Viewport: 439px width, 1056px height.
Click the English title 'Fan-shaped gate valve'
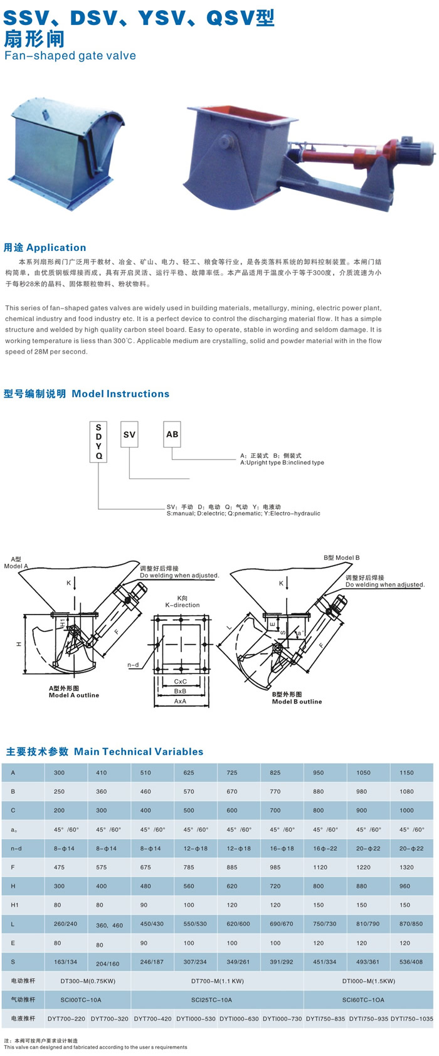[x=70, y=56]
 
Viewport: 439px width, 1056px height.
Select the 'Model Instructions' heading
[x=120, y=394]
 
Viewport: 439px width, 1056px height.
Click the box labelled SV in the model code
[x=129, y=435]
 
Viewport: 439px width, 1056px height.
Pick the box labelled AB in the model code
[x=172, y=434]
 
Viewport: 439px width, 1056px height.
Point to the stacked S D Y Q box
[x=99, y=441]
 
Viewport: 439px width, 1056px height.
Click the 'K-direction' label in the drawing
[x=182, y=605]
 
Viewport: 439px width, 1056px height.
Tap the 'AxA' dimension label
[x=181, y=701]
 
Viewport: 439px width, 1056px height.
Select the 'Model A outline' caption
[x=74, y=695]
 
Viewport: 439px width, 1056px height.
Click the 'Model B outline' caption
[x=297, y=701]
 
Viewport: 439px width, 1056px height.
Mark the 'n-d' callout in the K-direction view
[x=133, y=665]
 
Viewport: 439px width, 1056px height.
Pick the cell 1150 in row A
[x=406, y=773]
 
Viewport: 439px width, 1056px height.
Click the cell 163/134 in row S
[x=66, y=962]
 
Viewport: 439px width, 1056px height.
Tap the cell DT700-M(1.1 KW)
[x=217, y=981]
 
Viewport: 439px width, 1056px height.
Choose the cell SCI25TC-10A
[x=217, y=1000]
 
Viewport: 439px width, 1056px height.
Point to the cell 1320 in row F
[x=406, y=867]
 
